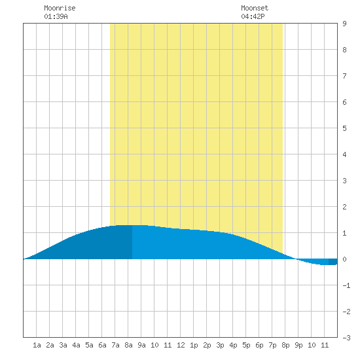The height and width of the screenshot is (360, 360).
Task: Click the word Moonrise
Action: pyautogui.click(x=60, y=8)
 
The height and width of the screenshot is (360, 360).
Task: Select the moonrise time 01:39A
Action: pyautogui.click(x=56, y=16)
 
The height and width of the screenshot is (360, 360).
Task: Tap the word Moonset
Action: pyautogui.click(x=255, y=8)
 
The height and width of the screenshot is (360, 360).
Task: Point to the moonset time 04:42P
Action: pyautogui.click(x=253, y=16)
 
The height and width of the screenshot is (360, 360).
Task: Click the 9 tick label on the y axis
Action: pyautogui.click(x=344, y=24)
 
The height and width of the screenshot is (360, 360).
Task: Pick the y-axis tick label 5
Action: pyautogui.click(x=344, y=128)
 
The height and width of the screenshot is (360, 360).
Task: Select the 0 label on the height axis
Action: pyautogui.click(x=344, y=259)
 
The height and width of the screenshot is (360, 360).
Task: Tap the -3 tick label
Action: pyautogui.click(x=346, y=338)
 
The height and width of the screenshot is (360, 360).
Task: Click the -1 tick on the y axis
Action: pyautogui.click(x=346, y=285)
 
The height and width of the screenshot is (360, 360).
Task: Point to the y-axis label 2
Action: pyautogui.click(x=344, y=207)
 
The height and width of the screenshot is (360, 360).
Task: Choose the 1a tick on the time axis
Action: pyautogui.click(x=37, y=345)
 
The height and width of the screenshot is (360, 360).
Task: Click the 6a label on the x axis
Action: pyautogui.click(x=102, y=345)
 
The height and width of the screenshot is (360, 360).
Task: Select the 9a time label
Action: pyautogui.click(x=141, y=345)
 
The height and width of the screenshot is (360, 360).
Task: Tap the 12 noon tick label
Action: pyautogui.click(x=181, y=345)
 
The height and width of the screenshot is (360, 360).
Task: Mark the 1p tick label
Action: pyautogui.click(x=194, y=345)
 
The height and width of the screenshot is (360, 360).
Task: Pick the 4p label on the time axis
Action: pyautogui.click(x=233, y=345)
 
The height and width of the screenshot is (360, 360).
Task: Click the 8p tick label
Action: pyautogui.click(x=285, y=345)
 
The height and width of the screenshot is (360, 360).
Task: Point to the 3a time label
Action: pyautogui.click(x=63, y=345)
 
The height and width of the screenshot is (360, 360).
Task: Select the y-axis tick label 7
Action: pyautogui.click(x=344, y=76)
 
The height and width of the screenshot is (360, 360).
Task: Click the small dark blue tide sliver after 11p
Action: pyautogui.click(x=333, y=262)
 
